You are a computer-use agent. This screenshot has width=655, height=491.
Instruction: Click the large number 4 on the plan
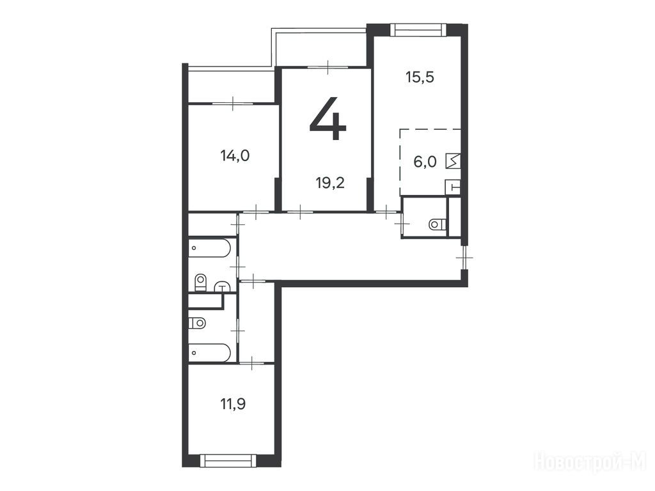[328, 118]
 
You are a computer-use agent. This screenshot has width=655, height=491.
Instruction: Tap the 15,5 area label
[420, 77]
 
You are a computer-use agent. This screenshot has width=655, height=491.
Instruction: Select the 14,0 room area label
[235, 156]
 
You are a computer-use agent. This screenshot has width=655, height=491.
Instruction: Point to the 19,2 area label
[331, 182]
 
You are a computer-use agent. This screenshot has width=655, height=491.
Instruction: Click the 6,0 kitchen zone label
[425, 162]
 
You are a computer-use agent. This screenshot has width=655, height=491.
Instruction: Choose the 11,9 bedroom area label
[233, 404]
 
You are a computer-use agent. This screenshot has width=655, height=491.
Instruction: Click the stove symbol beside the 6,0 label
[453, 161]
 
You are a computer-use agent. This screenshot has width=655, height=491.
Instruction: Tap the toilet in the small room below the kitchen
[437, 224]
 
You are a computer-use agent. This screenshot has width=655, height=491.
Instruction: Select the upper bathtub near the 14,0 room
[209, 248]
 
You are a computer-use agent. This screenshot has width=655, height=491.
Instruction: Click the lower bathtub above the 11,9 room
[209, 353]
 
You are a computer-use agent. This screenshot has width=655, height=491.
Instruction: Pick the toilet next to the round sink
[201, 282]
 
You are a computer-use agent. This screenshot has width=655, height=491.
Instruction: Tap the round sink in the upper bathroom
[223, 286]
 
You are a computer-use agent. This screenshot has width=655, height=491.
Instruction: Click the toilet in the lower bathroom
[197, 323]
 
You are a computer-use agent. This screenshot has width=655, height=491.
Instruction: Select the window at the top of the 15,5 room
[418, 30]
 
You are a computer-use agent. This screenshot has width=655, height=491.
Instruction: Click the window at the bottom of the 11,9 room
[228, 460]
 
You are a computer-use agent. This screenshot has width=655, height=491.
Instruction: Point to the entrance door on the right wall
[464, 258]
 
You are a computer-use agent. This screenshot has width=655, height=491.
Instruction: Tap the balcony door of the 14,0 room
[233, 103]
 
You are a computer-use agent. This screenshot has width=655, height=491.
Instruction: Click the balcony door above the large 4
[328, 66]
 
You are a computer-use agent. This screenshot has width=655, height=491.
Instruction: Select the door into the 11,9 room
[252, 364]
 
